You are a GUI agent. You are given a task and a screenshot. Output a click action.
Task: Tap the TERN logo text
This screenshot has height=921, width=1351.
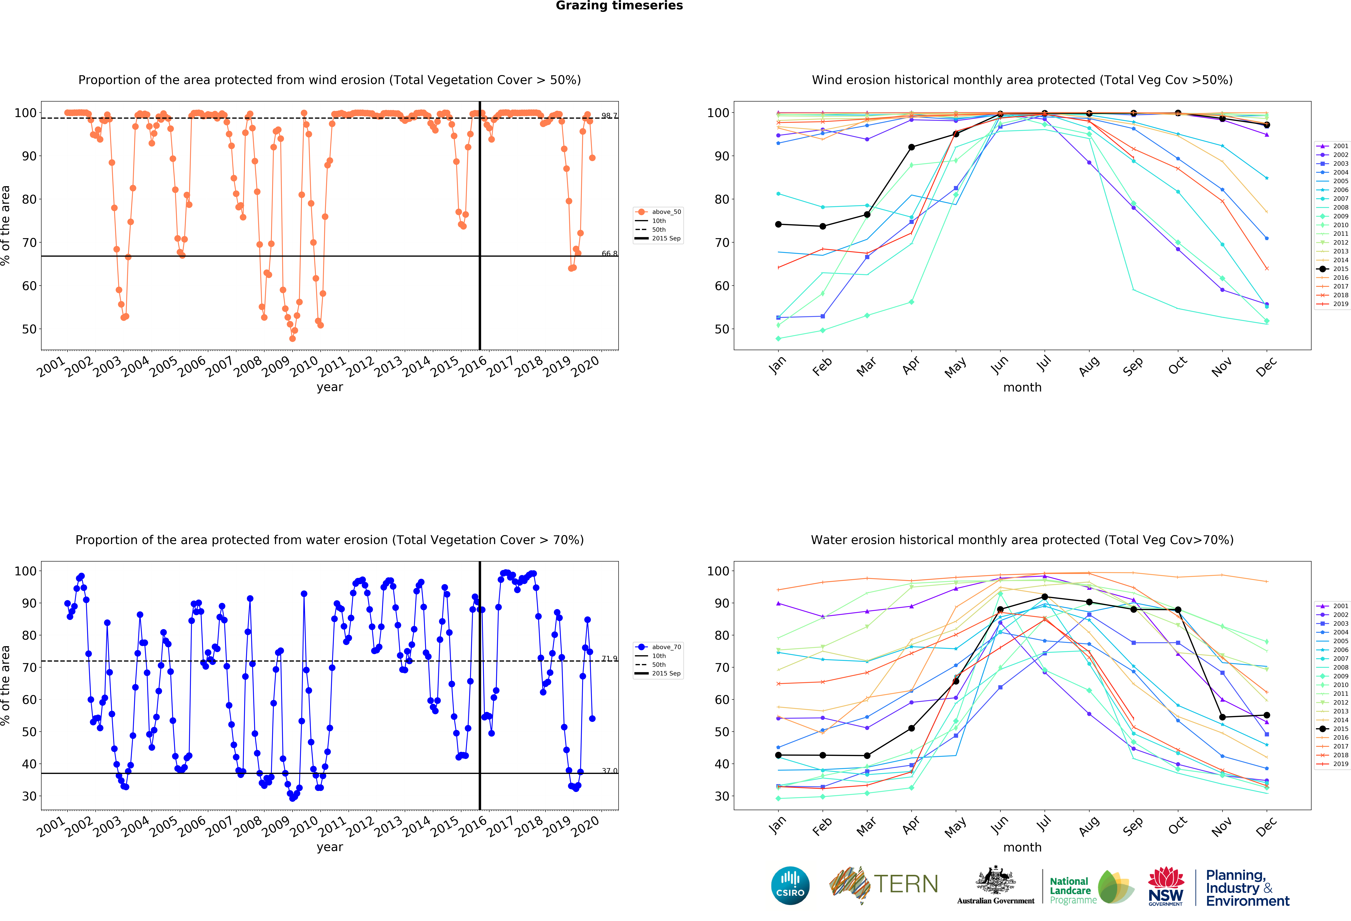[906, 884]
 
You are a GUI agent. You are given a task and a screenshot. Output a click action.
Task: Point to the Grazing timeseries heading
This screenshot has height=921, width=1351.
[619, 6]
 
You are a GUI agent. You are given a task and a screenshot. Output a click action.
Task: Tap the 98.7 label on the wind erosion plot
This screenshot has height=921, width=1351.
[609, 116]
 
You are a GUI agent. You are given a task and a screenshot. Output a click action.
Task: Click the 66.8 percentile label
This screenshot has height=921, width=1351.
[609, 254]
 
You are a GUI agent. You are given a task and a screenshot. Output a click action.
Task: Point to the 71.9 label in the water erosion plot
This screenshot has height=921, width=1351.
[609, 658]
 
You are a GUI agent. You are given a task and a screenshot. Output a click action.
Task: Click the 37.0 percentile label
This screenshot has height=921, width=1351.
[609, 770]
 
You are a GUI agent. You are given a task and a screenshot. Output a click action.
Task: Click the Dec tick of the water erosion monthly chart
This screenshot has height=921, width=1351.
[1266, 826]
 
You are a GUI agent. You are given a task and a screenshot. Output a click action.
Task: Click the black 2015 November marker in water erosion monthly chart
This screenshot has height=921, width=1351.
[1223, 717]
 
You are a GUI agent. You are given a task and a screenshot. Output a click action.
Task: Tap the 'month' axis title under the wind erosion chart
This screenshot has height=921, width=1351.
[1022, 387]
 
